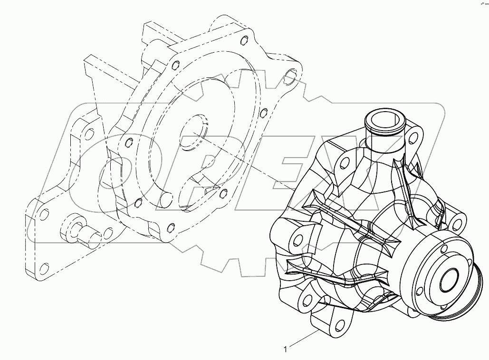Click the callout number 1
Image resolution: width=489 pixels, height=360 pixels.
(x=285, y=350)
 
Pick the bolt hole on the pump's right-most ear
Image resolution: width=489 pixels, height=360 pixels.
(x=458, y=223)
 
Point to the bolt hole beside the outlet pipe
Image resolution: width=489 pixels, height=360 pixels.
(x=416, y=138)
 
